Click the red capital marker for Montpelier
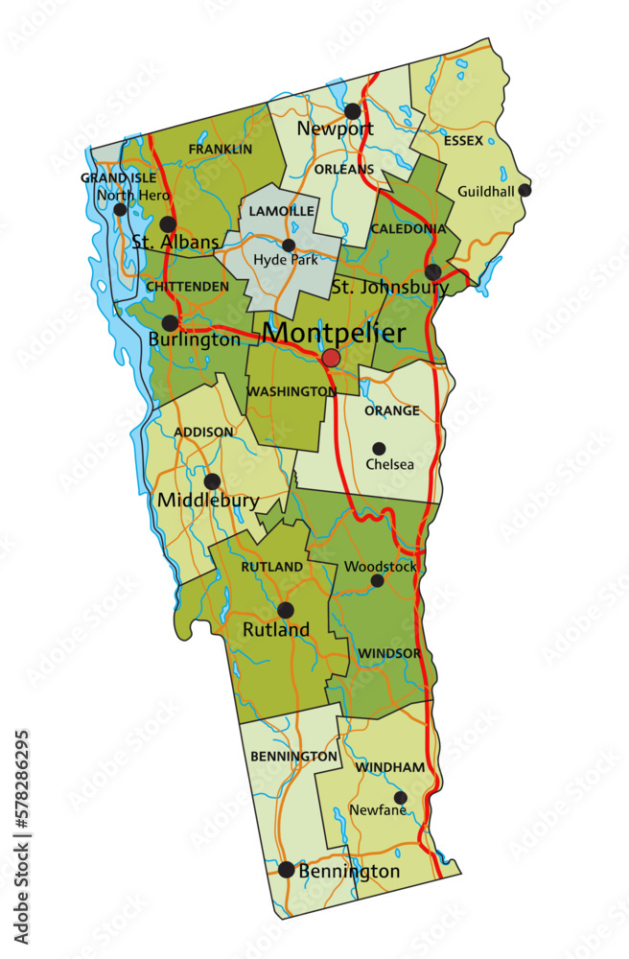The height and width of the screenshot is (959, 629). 331,358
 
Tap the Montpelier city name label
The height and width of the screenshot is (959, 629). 334,333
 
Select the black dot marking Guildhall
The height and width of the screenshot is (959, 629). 524,190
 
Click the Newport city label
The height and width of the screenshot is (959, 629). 335,129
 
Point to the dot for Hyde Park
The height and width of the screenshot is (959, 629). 288,246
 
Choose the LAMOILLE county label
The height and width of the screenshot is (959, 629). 282,210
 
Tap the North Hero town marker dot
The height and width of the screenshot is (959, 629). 120,209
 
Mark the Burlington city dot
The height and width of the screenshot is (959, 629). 170,323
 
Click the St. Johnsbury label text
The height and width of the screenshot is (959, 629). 389,287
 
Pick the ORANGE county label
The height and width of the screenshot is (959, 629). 391,411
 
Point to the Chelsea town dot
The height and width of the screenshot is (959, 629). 379,448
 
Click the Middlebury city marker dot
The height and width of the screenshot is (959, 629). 212,481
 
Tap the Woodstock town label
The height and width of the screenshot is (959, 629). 381,567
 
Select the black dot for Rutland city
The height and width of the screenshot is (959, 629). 285,610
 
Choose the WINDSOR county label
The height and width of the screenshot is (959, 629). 389,654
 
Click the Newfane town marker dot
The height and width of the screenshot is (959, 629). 400,797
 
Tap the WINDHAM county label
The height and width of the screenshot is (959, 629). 390,768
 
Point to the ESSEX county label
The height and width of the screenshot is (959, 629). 463,141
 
